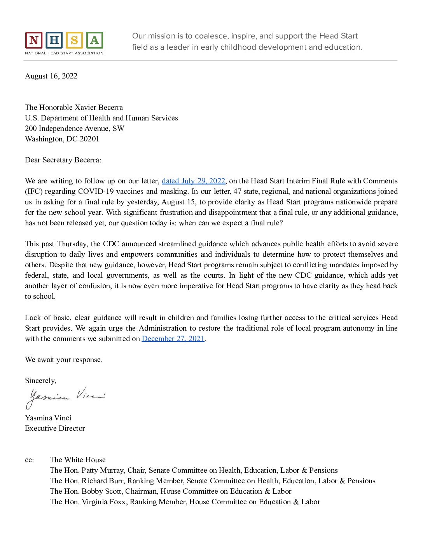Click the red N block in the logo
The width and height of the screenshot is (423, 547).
pyautogui.click(x=34, y=40)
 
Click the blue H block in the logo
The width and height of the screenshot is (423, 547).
pyautogui.click(x=54, y=40)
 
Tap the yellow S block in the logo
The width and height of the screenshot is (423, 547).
pyautogui.click(x=74, y=40)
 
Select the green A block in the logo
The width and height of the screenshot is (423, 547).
pyautogui.click(x=94, y=40)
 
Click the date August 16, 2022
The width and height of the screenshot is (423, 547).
pyautogui.click(x=51, y=76)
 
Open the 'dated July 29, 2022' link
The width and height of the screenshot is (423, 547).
pyautogui.click(x=193, y=181)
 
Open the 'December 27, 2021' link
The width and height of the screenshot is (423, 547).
pyautogui.click(x=173, y=339)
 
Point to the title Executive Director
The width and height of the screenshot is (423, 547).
pyautogui.click(x=55, y=429)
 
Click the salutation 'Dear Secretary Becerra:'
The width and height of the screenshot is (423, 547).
pyautogui.click(x=63, y=160)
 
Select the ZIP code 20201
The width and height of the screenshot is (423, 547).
pyautogui.click(x=89, y=139)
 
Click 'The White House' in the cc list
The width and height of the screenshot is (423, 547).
pyautogui.click(x=78, y=460)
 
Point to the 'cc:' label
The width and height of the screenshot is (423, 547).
pyautogui.click(x=30, y=460)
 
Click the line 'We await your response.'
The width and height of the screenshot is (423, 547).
pyautogui.click(x=64, y=360)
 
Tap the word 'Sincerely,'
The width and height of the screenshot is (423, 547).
pyautogui.click(x=40, y=381)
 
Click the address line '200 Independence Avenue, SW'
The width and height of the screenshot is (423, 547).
pyautogui.click(x=75, y=129)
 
